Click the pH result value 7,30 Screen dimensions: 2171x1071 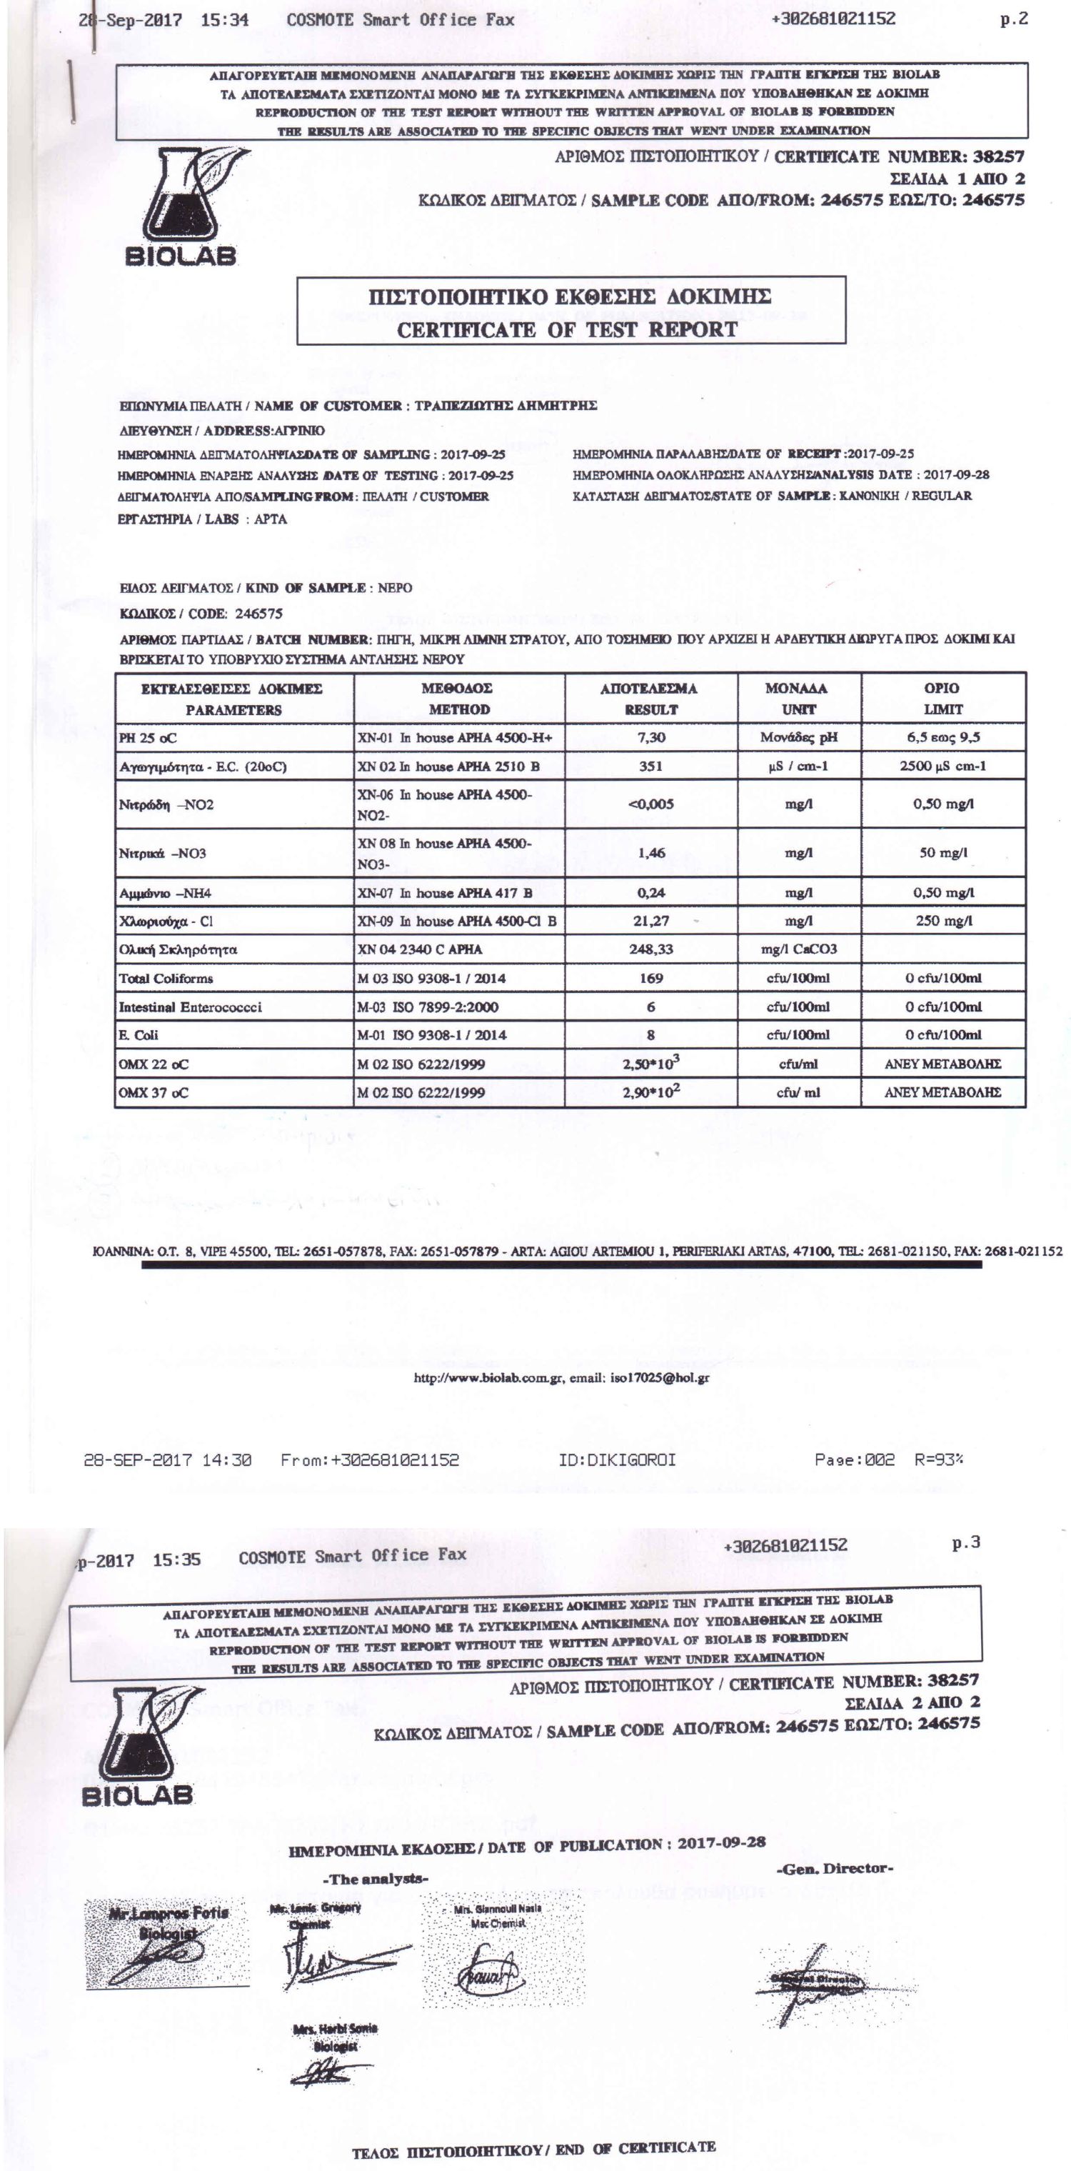click(x=650, y=737)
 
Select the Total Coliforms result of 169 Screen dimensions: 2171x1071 click(x=650, y=977)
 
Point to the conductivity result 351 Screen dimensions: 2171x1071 click(x=650, y=766)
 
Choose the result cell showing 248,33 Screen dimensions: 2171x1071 click(x=650, y=949)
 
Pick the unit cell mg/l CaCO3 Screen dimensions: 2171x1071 click(x=798, y=949)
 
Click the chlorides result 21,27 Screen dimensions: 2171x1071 click(x=650, y=921)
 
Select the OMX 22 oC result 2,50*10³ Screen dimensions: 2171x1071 click(x=650, y=1064)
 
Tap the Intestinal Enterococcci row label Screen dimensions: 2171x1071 click(x=190, y=1007)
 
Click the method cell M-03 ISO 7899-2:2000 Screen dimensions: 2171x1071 click(x=427, y=1007)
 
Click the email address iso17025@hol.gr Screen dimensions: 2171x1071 click(x=659, y=1378)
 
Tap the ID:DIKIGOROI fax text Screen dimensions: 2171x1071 click(x=617, y=1459)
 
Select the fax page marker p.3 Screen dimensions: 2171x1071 click(x=965, y=1543)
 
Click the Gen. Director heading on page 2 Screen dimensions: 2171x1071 click(x=833, y=1868)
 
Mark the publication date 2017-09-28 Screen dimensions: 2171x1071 click(x=721, y=1842)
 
